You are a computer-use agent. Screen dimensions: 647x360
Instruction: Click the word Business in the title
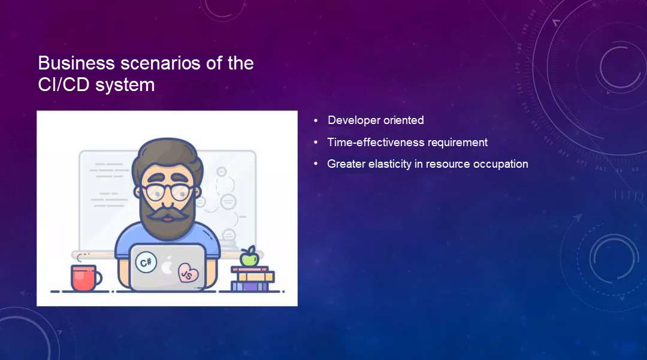tap(76, 63)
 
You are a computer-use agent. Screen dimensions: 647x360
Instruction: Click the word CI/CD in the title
tap(64, 85)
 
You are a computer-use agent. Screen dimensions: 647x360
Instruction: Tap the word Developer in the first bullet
tap(353, 120)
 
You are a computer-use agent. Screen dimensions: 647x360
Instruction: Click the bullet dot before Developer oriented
tap(316, 120)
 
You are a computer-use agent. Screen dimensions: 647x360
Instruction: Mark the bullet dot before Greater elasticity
tap(316, 164)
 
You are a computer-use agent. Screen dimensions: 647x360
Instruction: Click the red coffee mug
tap(86, 277)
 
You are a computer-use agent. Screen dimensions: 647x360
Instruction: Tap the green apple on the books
tap(249, 256)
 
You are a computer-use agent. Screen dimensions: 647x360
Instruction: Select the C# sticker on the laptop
tap(146, 262)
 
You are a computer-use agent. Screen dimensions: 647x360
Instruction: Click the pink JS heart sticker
tap(188, 273)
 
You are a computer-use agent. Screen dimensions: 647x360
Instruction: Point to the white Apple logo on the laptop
tap(167, 265)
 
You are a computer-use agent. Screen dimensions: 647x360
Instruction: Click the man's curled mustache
tap(167, 214)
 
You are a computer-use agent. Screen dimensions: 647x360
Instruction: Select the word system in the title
tap(125, 85)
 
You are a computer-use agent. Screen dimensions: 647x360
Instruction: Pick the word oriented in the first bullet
tap(404, 120)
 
